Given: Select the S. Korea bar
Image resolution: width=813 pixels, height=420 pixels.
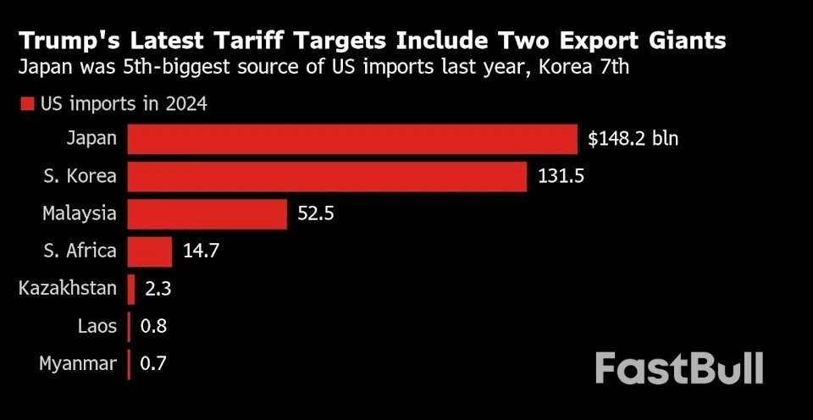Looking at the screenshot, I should pos(327,176).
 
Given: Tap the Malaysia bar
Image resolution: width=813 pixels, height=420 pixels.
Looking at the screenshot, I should pos(207,213).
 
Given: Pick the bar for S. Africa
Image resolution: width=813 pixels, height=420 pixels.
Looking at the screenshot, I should pos(150,251).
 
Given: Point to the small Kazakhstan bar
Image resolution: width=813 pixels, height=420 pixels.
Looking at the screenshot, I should pos(131,289).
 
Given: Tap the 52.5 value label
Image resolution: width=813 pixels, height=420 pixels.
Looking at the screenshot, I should pos(316,213).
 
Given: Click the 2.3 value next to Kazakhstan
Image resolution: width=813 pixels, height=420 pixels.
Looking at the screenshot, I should pos(158,289).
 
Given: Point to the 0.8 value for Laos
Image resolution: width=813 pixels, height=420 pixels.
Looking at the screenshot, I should pos(153,327).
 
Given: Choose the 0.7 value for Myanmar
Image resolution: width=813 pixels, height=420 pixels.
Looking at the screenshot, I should pos(153,364).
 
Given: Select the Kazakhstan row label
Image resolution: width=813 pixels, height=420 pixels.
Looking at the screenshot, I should pos(68,289).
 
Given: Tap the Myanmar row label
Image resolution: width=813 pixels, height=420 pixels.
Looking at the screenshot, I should pos(78,364).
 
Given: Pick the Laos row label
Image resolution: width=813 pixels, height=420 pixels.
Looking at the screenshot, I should pos(97,327).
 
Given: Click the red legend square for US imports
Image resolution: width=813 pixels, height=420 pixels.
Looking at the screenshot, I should pos(26,104).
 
